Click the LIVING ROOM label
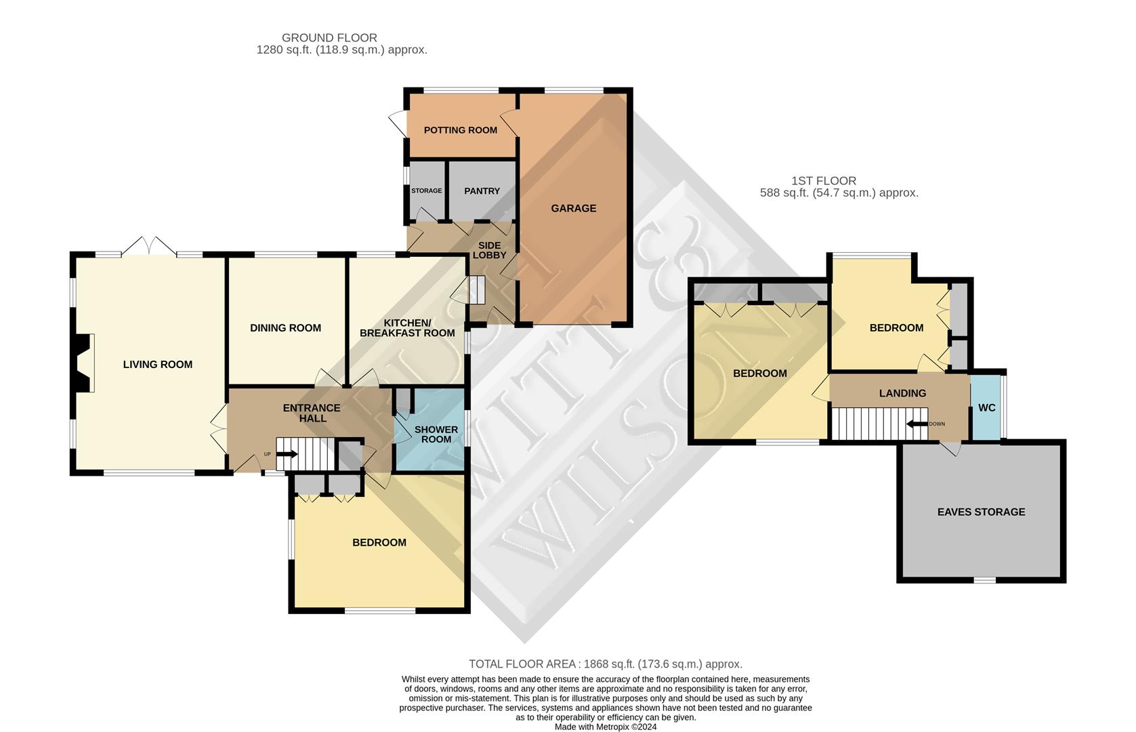pos(157,365)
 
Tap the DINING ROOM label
pos(285,328)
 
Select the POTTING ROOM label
pos(460,130)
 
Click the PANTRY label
pos(482,191)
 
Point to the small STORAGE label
pos(426,191)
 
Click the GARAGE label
pos(573,208)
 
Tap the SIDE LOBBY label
pos(489,250)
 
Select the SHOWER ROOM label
pos(436,434)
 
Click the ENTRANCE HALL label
pos(311,413)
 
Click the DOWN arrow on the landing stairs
pos(918,424)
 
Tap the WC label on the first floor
pos(986,408)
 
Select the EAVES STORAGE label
pos(980,512)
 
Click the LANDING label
pos(902,393)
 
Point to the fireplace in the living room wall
pos(83,363)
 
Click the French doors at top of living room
pos(149,247)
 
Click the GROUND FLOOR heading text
pos(329,38)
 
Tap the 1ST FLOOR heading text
pos(823,181)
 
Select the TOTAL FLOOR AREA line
pos(605,664)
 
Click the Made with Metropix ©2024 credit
pos(605,727)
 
